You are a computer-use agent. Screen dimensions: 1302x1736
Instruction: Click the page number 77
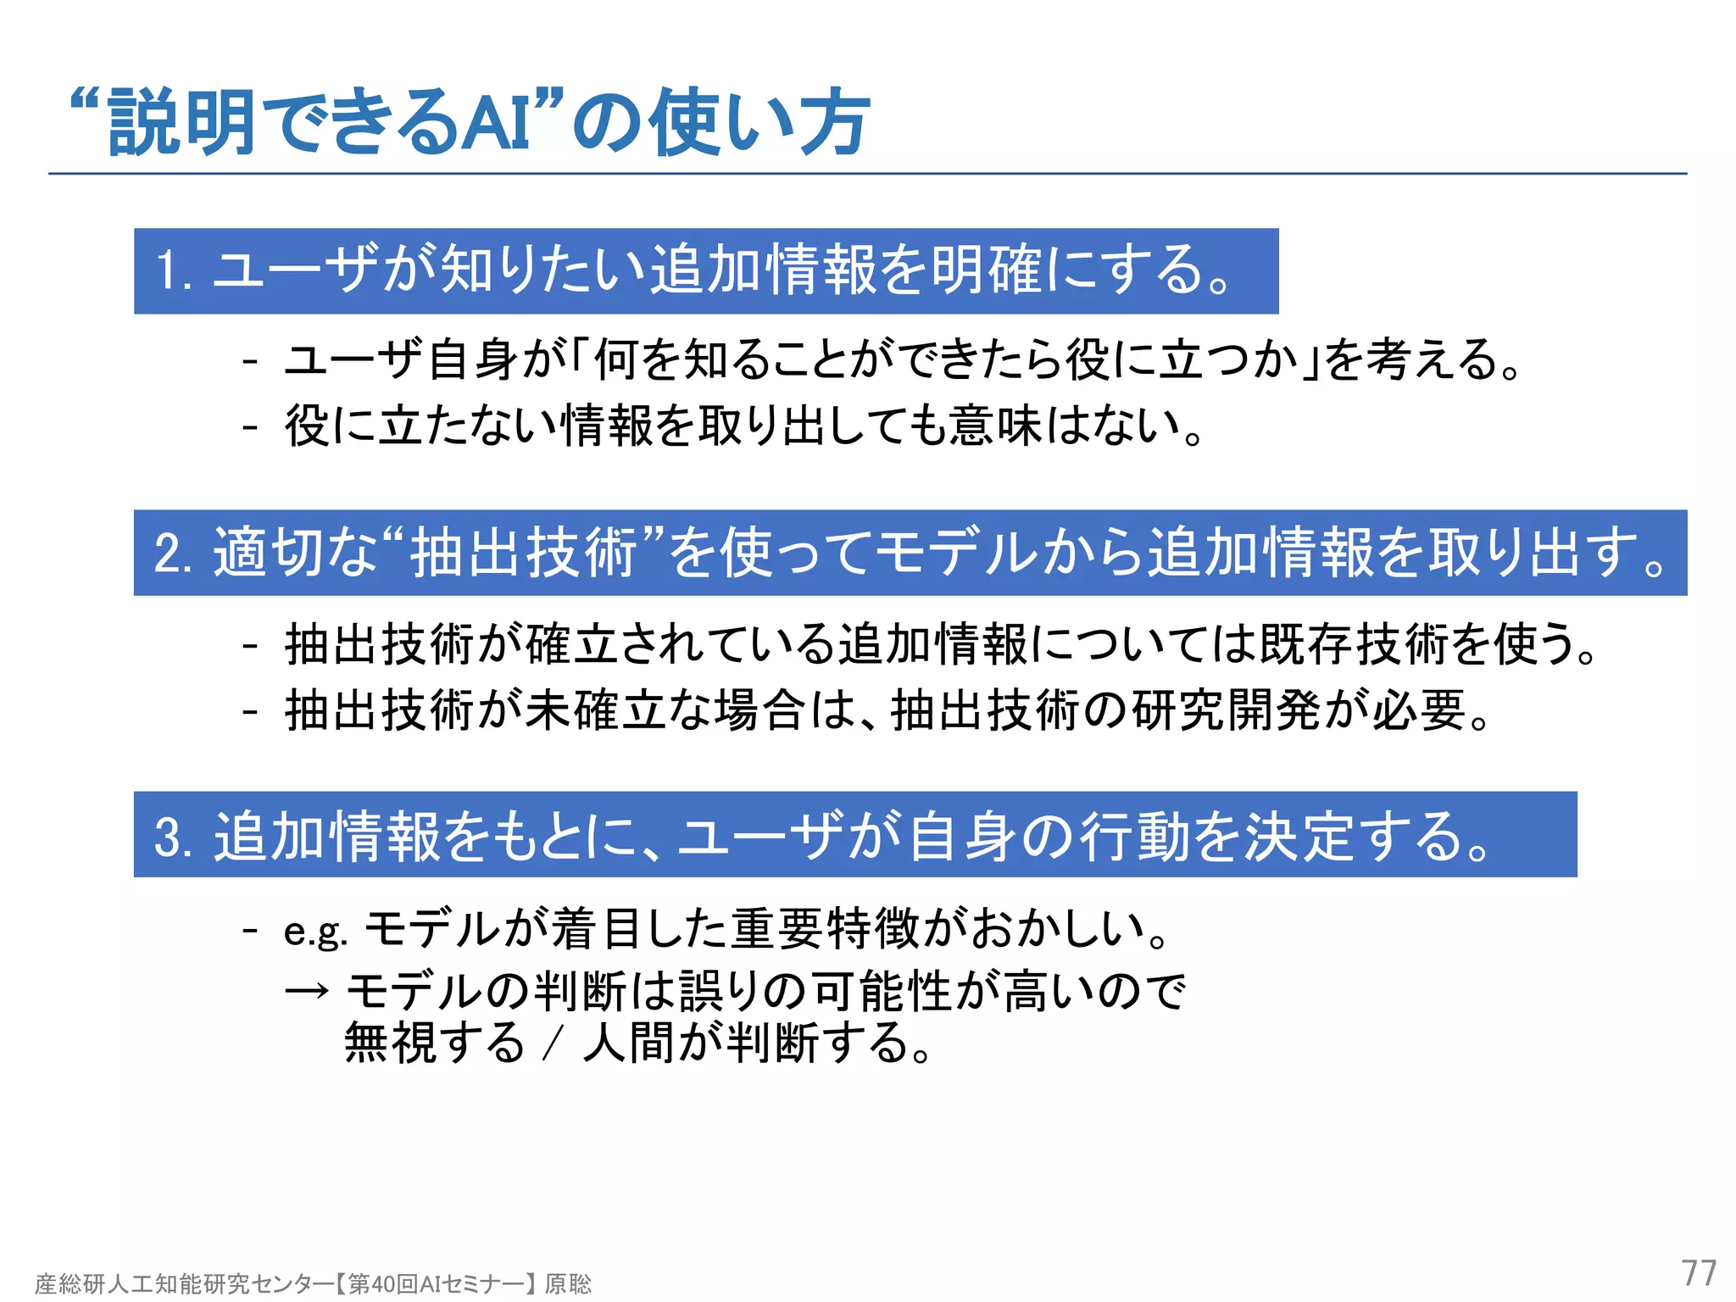click(1699, 1273)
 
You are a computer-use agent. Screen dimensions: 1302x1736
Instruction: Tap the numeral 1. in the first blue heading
click(173, 271)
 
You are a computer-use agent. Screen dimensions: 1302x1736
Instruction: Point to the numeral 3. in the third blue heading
click(175, 837)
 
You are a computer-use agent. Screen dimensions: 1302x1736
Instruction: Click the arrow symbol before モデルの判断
click(307, 990)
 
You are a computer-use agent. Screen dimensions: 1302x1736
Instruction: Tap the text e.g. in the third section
click(315, 932)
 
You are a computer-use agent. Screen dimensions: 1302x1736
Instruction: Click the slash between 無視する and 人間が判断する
click(554, 1043)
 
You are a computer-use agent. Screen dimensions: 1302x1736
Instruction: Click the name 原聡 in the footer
click(568, 1284)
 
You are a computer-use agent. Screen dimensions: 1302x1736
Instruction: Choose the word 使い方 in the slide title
click(759, 124)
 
